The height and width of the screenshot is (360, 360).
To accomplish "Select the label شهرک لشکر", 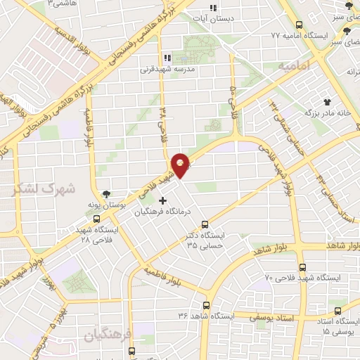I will (37, 188).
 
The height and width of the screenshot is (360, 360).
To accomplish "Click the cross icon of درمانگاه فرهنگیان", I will (163, 200).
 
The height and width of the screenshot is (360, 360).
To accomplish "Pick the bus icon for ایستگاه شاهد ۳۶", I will (207, 305).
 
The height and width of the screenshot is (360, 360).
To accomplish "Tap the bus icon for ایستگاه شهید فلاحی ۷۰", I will (302, 266).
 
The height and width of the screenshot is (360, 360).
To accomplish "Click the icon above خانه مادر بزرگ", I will (326, 102).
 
